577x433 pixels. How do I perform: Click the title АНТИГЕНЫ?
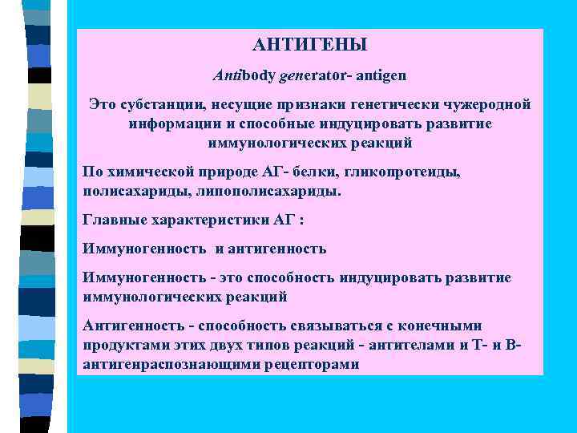click(x=309, y=45)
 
